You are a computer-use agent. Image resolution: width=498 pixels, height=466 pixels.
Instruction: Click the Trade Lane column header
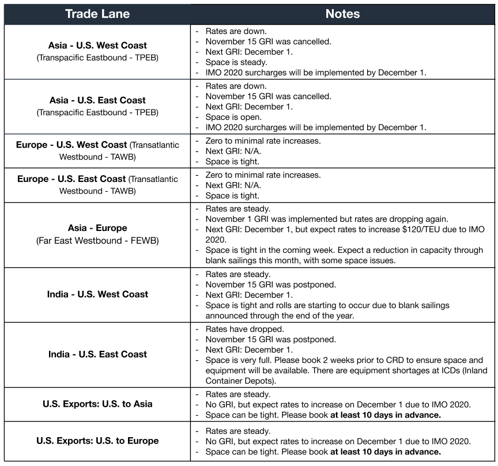(x=97, y=14)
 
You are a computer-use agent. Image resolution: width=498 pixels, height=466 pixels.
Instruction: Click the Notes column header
(x=342, y=14)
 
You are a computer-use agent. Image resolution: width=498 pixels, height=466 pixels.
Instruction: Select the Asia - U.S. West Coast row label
(x=97, y=46)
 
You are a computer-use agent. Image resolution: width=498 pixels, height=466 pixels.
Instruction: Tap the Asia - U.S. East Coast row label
(x=97, y=100)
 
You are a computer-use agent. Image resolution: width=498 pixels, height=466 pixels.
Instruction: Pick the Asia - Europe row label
(x=97, y=228)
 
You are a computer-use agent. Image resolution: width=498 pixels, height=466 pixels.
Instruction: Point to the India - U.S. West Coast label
(x=97, y=294)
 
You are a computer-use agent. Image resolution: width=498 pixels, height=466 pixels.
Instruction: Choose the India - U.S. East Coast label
(x=97, y=354)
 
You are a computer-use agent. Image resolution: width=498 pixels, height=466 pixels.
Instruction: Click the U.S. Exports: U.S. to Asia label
(x=97, y=404)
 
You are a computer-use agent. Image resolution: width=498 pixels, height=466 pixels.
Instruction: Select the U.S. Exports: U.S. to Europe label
(x=97, y=441)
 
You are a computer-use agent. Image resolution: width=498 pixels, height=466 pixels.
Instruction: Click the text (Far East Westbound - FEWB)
(x=97, y=240)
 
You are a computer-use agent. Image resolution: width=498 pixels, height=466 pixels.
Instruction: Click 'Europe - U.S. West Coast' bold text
(x=72, y=145)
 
